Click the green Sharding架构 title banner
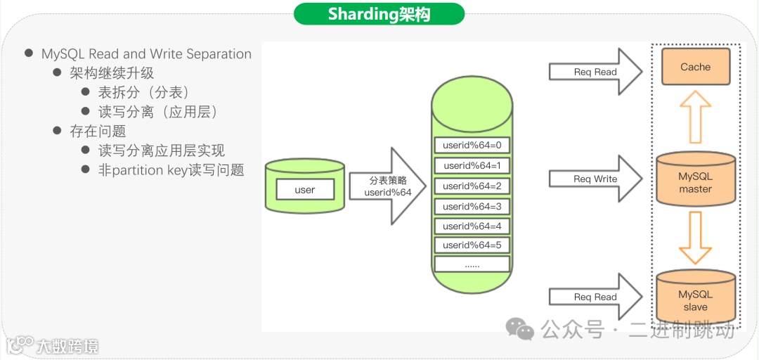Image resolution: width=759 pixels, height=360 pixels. coord(379,14)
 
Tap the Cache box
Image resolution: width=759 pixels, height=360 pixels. coord(695,67)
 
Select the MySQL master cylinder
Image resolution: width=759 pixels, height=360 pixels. coord(695,182)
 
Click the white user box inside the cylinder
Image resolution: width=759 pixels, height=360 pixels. coord(305,190)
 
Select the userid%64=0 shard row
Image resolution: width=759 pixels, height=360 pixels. coord(472,146)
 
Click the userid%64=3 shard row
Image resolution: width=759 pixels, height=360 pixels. coord(472,207)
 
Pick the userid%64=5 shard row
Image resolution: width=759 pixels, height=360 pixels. coord(472,245)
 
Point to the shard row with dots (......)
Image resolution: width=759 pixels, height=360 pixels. coord(472,265)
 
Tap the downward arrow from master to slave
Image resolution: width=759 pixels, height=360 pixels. coord(695,238)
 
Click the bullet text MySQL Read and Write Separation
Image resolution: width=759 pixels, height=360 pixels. coord(146,54)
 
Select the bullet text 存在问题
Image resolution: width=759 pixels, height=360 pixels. coord(98,131)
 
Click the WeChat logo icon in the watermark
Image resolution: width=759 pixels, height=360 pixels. coord(521,328)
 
